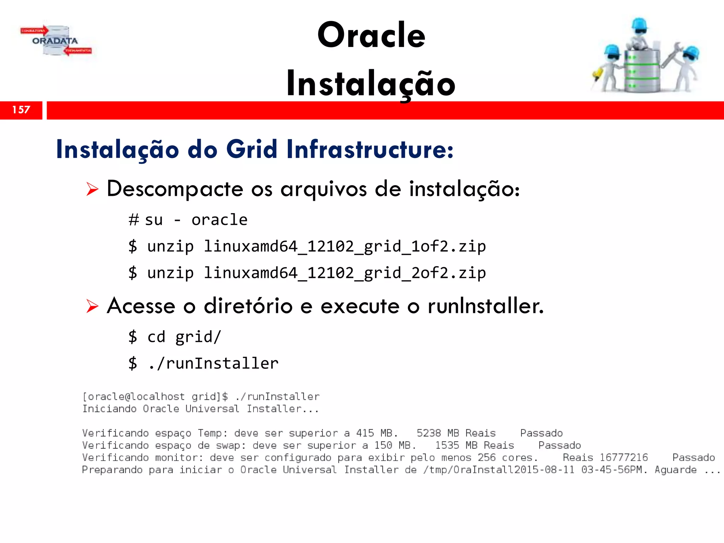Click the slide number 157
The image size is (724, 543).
[x=21, y=110]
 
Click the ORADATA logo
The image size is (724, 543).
[x=56, y=41]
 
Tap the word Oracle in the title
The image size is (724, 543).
[x=371, y=35]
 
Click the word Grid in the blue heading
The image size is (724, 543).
[x=251, y=149]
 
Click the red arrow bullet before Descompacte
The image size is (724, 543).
[x=92, y=189]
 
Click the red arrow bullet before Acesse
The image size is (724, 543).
[x=92, y=306]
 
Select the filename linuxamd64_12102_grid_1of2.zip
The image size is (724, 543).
[x=345, y=246]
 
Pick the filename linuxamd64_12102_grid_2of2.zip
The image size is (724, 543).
[x=345, y=273]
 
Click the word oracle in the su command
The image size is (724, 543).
[x=219, y=220]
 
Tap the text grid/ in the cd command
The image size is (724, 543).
[x=198, y=337]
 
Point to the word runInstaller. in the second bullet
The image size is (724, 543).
[x=485, y=306]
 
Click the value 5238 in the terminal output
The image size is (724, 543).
[x=428, y=433]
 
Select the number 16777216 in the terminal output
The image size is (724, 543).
[x=624, y=457]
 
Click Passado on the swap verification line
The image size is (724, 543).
[x=559, y=445]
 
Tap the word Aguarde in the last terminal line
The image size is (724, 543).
[x=675, y=470]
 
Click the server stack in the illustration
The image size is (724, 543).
[x=641, y=71]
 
